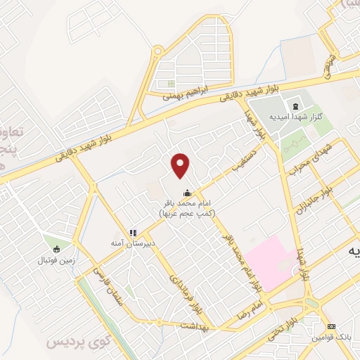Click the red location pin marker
point(181,165)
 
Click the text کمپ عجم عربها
point(187,213)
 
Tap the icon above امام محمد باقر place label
point(187,193)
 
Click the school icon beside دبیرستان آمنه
point(131,233)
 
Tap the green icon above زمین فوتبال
point(56,247)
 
